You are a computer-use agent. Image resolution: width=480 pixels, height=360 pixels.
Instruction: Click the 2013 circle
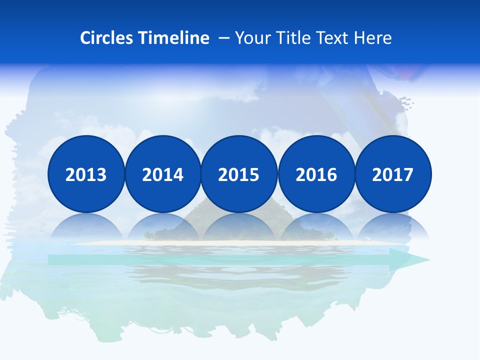[x=86, y=174]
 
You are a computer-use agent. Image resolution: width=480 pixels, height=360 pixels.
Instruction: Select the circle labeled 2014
[x=163, y=174]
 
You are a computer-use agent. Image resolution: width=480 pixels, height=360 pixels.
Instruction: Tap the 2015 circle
[x=239, y=174]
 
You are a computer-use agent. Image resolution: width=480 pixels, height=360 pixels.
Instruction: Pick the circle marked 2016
[x=316, y=174]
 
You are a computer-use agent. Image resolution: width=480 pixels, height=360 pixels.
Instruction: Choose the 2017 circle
[x=393, y=174]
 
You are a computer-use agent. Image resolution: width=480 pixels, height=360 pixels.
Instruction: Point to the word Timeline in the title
[x=174, y=38]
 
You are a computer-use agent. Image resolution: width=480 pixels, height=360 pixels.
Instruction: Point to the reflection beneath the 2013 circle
[x=86, y=227]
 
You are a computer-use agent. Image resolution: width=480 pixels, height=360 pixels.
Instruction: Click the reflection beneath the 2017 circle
[x=393, y=227]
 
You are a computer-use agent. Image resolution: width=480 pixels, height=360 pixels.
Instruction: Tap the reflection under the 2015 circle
[x=239, y=227]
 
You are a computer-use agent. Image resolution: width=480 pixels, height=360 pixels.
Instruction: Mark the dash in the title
[x=224, y=38]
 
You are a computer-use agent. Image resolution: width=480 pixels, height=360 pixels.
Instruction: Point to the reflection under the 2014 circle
[x=163, y=227]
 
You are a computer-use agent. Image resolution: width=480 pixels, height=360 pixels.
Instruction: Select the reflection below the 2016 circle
[x=316, y=227]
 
